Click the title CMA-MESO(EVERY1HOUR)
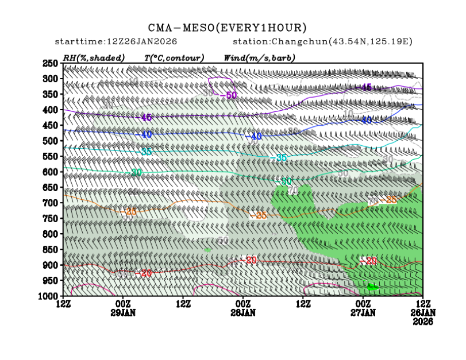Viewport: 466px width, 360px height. [x=228, y=28]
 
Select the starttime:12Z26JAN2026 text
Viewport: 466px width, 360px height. [x=115, y=42]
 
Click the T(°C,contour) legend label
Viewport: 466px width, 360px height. [x=174, y=58]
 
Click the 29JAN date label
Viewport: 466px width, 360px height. [x=124, y=313]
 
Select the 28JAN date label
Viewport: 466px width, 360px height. [x=243, y=313]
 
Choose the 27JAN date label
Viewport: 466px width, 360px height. [x=363, y=313]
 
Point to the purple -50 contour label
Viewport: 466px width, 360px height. [x=230, y=95]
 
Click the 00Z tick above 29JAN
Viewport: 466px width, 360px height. [x=124, y=304]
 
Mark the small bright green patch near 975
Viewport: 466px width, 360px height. [x=372, y=287]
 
